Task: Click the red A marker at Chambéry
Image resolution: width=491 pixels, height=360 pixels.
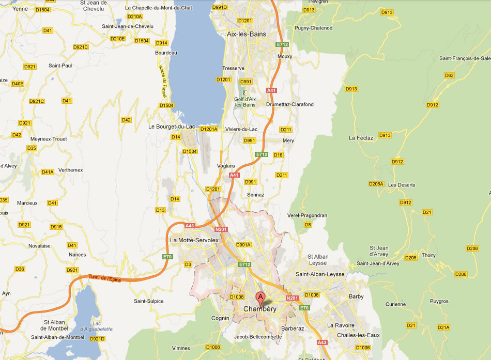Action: [261, 297]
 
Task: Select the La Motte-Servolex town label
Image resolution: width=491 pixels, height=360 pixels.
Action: [194, 240]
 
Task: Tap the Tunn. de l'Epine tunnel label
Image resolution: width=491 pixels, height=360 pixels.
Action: [104, 278]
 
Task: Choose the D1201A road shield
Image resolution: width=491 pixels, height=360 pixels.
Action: [209, 129]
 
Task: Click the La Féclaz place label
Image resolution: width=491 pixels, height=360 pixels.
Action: [361, 138]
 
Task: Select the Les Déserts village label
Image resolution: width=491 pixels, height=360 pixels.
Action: [402, 184]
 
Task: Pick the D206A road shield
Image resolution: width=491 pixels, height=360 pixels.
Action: [376, 184]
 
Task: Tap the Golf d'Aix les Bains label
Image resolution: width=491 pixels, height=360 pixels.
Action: [245, 102]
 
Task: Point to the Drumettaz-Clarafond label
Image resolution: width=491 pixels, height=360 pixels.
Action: [289, 104]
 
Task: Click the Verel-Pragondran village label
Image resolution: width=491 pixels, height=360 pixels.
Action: [308, 215]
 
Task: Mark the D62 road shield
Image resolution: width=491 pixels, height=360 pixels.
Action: [449, 75]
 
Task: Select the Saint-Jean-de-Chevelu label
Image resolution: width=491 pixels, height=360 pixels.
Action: [128, 26]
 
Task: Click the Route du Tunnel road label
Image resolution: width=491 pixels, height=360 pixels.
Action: [163, 81]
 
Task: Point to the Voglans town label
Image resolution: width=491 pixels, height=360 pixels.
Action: [226, 166]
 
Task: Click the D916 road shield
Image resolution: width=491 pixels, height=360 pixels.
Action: [56, 227]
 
